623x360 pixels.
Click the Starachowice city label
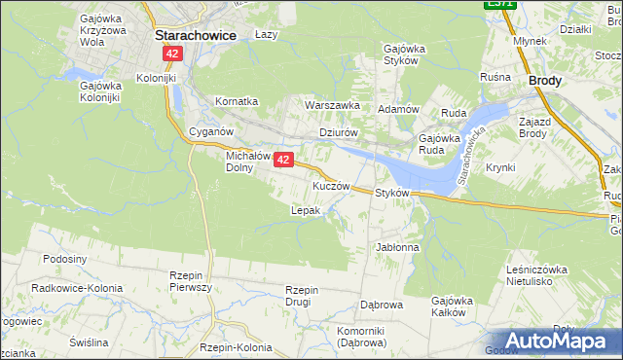198,34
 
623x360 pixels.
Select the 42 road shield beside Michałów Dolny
283,160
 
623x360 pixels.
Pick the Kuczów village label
331,185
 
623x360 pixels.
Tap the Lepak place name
306,209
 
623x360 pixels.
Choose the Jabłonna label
397,247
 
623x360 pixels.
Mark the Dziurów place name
340,133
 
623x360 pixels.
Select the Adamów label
398,109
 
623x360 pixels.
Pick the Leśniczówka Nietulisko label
536,275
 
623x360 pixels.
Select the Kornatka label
237,101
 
